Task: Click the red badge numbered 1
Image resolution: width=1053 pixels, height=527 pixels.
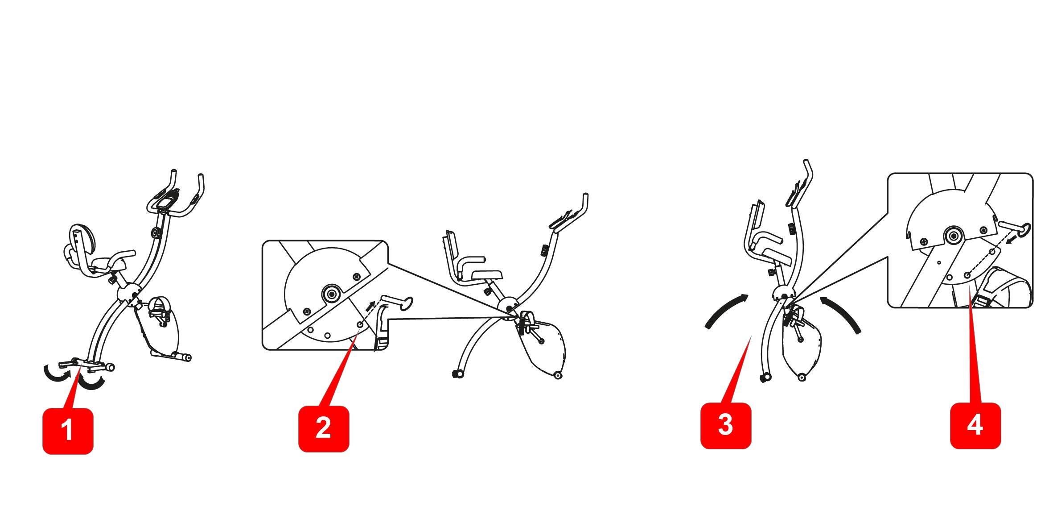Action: pyautogui.click(x=68, y=431)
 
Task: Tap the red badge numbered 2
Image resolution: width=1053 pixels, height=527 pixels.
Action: pyautogui.click(x=324, y=429)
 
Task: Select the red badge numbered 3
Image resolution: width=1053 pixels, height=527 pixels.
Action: pyautogui.click(x=726, y=426)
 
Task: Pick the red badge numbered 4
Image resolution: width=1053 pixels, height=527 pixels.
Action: pyautogui.click(x=975, y=426)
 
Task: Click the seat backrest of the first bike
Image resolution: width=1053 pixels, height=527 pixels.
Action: pyautogui.click(x=83, y=239)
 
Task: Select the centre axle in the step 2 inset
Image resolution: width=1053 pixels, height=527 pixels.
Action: pyautogui.click(x=331, y=293)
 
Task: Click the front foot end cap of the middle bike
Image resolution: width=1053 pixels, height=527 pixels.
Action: pyautogui.click(x=456, y=374)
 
